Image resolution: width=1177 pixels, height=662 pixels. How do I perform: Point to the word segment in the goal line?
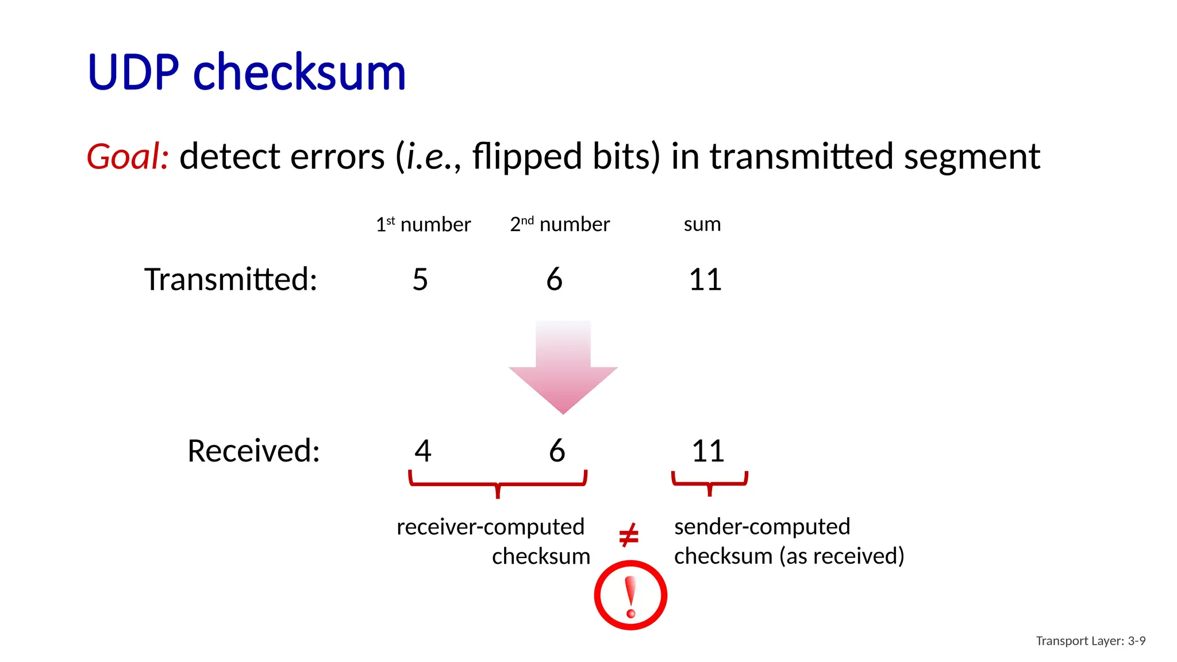point(972,156)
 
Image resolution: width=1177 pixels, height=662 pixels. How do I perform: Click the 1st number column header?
point(423,224)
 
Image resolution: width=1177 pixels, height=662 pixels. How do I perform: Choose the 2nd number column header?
point(560,224)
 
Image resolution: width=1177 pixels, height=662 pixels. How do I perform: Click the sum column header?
point(702,224)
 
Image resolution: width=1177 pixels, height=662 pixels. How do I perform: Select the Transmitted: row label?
point(230,279)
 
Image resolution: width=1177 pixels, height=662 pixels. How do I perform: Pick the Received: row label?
point(253,451)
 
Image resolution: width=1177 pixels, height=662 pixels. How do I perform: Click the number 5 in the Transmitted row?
point(420,280)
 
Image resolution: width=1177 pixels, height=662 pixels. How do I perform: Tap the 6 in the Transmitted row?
point(555,280)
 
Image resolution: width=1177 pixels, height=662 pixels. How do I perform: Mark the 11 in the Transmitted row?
point(705,280)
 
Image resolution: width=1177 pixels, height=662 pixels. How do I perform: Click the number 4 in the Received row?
point(423,451)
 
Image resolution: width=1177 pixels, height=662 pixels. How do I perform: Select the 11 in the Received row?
point(707,451)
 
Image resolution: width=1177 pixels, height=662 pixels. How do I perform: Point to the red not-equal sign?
point(629,536)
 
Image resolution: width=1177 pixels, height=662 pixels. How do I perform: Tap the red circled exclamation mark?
point(630,595)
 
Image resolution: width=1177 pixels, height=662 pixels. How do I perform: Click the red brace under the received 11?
point(710,483)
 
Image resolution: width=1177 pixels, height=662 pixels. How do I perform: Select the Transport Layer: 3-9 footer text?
point(1090,641)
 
